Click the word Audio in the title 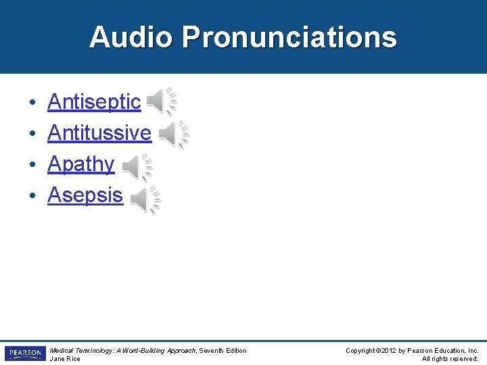131,37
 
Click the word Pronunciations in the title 289,37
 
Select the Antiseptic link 94,102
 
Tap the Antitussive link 99,133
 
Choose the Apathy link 80,164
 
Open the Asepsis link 85,195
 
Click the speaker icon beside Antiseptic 160,102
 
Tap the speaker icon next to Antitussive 172,133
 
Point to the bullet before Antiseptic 32,103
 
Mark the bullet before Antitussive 32,135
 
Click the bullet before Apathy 32,166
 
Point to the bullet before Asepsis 32,197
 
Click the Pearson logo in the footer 25,354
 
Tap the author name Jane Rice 65,359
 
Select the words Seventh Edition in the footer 225,350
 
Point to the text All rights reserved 450,359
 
